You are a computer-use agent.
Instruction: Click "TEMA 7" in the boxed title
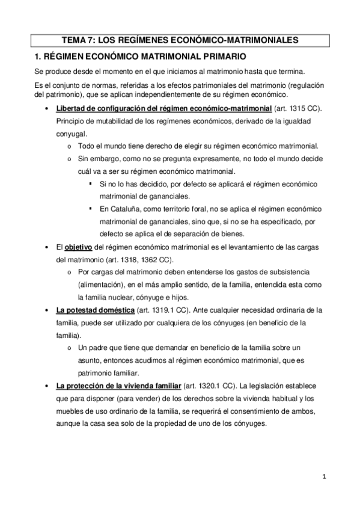(x=78, y=41)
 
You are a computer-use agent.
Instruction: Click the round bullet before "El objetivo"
(x=47, y=247)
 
